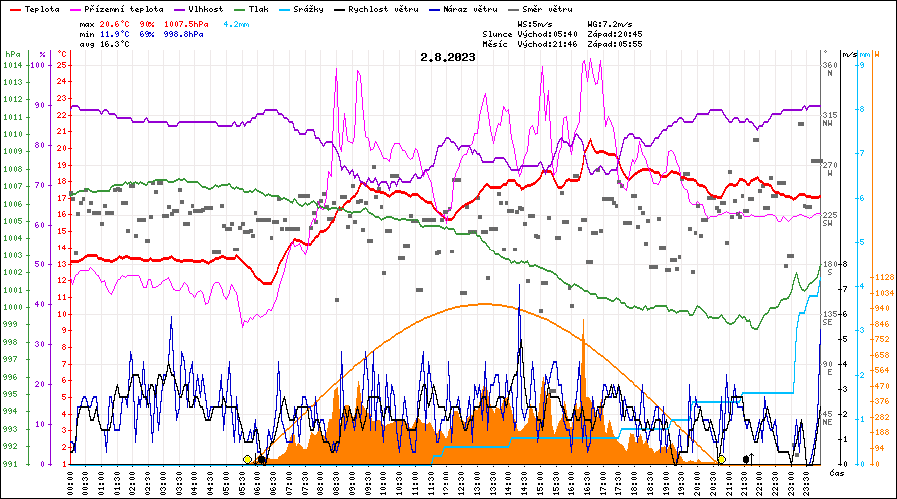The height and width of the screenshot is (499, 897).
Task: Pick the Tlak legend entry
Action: pyautogui.click(x=259, y=9)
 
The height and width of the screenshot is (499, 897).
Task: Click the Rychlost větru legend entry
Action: pyautogui.click(x=381, y=9)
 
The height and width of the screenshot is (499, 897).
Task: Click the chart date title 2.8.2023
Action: pyautogui.click(x=448, y=57)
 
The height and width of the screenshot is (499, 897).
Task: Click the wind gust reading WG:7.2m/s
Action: pyautogui.click(x=610, y=22)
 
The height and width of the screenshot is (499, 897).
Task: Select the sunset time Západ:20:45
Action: pyautogui.click(x=615, y=33)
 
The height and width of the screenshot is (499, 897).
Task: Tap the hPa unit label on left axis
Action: pyautogui.click(x=12, y=54)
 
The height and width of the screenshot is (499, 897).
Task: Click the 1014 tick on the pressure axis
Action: pyautogui.click(x=12, y=65)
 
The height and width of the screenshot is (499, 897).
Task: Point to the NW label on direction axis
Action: pyautogui.click(x=827, y=123)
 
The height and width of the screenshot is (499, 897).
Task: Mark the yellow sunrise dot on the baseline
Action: pyautogui.click(x=247, y=459)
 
